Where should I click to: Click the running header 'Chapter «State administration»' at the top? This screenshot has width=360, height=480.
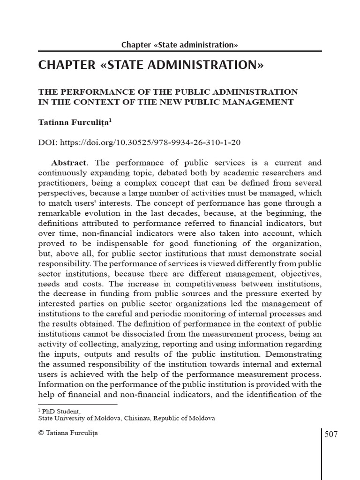[x=180, y=45]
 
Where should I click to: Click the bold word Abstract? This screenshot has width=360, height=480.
[x=68, y=163]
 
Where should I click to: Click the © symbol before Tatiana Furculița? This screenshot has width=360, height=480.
[x=40, y=433]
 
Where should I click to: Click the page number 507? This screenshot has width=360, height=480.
[x=331, y=434]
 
